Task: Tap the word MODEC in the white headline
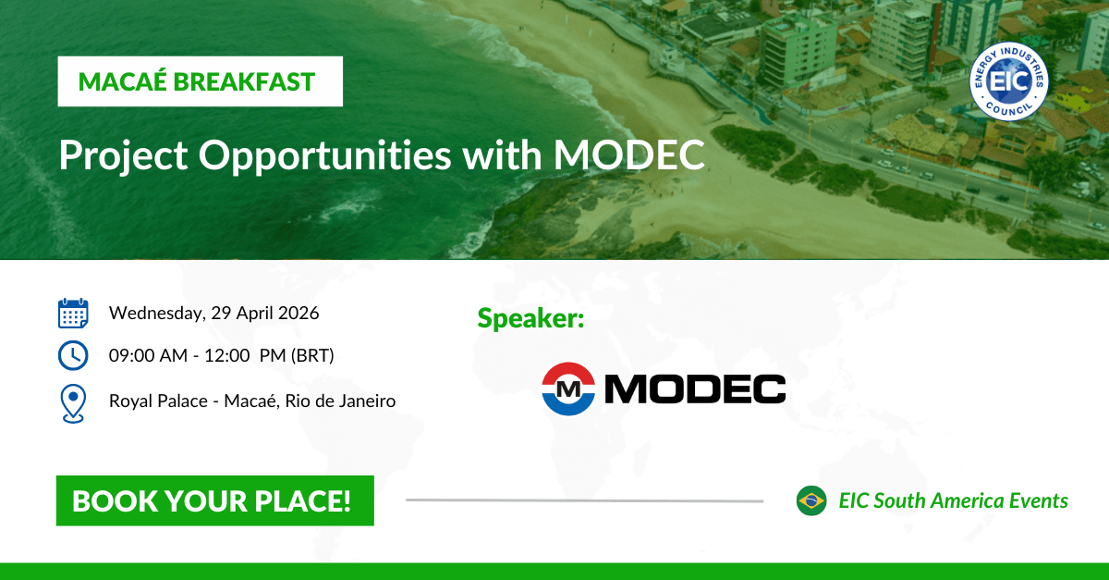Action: coord(628,154)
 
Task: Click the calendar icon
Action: coord(73,314)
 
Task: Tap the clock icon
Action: coord(73,355)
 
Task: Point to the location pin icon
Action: coord(73,402)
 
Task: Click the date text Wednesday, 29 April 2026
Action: coord(213,313)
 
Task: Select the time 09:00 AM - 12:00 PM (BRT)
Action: coord(221,356)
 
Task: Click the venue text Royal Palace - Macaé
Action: coord(189,401)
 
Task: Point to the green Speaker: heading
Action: coord(530,319)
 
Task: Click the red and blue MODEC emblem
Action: coord(567,389)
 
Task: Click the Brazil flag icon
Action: coord(810,500)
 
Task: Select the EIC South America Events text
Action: coord(953,500)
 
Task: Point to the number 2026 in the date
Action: coord(298,313)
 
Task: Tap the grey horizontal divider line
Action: coord(584,500)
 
